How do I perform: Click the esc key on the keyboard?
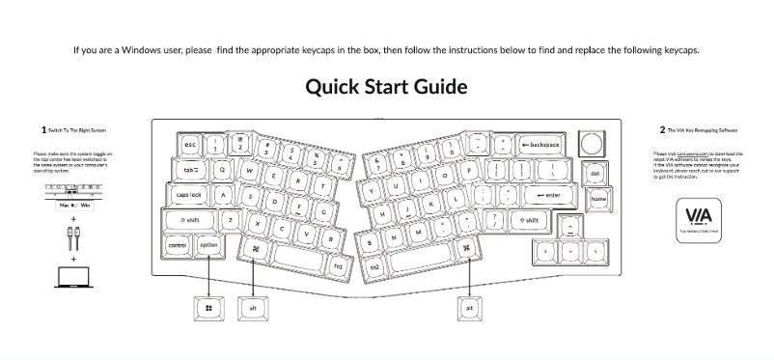click(191, 145)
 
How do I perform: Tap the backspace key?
click(542, 145)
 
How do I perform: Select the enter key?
click(547, 195)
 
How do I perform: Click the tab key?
click(190, 170)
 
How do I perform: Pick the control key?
click(178, 245)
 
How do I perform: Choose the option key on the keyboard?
click(208, 245)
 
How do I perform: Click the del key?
click(594, 174)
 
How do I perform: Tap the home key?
click(598, 199)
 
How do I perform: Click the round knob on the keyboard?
click(591, 143)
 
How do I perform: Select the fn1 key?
click(338, 264)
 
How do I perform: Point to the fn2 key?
click(375, 264)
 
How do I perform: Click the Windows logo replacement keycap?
click(208, 308)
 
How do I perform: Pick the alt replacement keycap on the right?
click(469, 308)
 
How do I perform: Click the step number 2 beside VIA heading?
click(662, 128)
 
